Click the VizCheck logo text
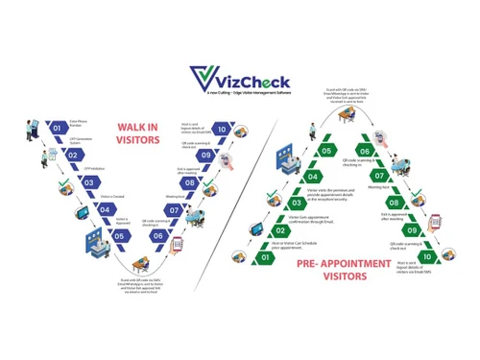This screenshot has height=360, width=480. tap(252, 76)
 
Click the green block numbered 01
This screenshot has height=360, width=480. tap(266, 257)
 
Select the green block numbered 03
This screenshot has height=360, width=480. tap(296, 204)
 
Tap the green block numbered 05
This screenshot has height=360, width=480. tap(326, 151)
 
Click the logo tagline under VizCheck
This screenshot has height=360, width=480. tap(252, 94)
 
